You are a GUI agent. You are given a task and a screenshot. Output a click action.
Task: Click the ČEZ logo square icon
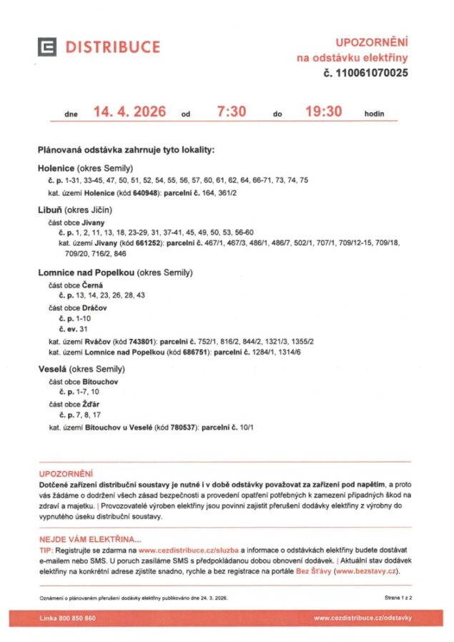48,47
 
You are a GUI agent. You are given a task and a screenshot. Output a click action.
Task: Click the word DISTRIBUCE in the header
113,47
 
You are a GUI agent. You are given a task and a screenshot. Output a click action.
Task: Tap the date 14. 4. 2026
129,112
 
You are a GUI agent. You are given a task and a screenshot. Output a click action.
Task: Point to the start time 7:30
232,112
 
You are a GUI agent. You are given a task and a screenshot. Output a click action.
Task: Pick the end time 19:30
324,112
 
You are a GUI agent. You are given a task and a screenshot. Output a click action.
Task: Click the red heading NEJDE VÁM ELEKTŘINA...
90,539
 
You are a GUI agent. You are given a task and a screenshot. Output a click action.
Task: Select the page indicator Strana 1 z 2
399,596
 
